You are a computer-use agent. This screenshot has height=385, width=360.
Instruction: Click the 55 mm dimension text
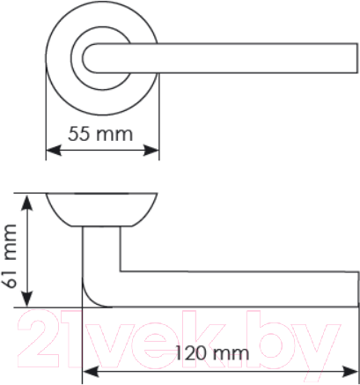pyautogui.click(x=101, y=135)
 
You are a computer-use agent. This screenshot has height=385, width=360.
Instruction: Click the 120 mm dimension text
pyautogui.click(x=212, y=352)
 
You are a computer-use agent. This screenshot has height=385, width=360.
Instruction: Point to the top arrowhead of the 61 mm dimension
pyautogui.click(x=29, y=196)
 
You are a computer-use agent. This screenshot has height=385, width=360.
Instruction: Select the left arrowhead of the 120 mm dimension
pyautogui.click(x=85, y=367)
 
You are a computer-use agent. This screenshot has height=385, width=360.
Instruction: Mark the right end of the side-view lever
pyautogui.click(x=356, y=288)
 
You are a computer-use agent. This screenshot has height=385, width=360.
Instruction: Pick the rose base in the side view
pyautogui.click(x=101, y=208)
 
